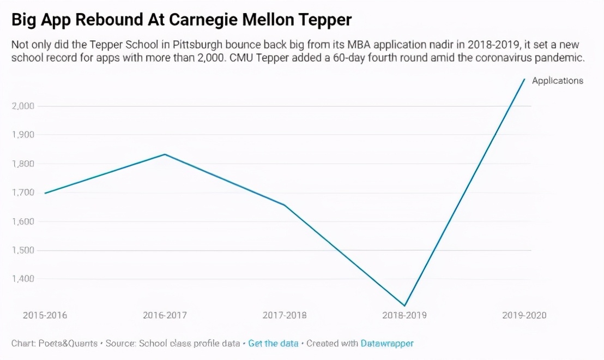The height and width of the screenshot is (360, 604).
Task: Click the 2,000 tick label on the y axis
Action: click(23, 106)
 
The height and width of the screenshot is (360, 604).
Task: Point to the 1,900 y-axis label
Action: click(23, 135)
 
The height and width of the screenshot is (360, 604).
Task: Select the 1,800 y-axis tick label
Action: click(23, 164)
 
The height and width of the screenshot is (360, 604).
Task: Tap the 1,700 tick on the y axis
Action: click(23, 193)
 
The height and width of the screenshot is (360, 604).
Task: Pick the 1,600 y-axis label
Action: click(23, 221)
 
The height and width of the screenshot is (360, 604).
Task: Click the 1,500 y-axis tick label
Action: click(23, 250)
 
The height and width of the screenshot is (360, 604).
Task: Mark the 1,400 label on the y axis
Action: click(23, 279)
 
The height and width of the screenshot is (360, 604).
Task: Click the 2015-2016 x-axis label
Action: click(45, 315)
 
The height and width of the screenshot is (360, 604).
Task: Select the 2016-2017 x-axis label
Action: click(165, 315)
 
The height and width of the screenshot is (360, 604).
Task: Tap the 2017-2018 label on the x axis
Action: click(285, 315)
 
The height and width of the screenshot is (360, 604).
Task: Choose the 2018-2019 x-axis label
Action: click(404, 315)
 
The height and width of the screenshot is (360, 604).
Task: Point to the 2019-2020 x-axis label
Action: click(524, 315)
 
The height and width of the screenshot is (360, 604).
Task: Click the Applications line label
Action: click(558, 81)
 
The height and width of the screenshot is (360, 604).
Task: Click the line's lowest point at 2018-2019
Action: click(404, 305)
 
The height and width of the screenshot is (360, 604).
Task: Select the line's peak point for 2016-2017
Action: click(165, 154)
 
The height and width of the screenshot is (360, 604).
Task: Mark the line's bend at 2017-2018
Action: click(285, 205)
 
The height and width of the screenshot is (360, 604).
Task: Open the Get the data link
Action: click(273, 344)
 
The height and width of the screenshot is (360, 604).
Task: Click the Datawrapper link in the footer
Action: click(387, 344)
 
